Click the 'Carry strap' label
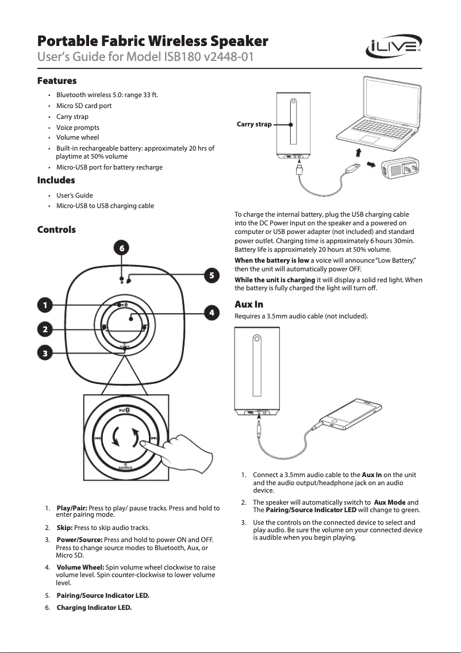[x=254, y=124]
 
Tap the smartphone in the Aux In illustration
[x=351, y=416]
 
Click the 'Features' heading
[x=57, y=80]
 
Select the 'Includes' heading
[x=56, y=180]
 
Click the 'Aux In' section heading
[x=249, y=304]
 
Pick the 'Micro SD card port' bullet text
[x=84, y=106]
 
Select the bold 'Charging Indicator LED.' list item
[x=94, y=608]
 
